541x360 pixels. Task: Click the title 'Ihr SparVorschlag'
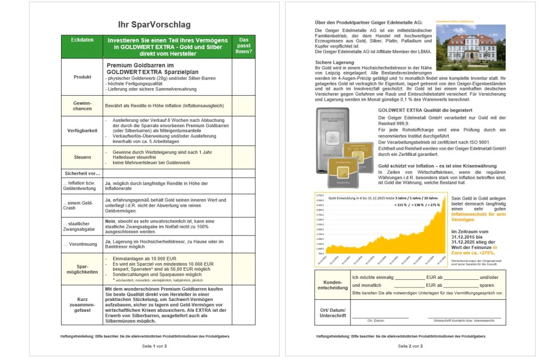(x=154, y=25)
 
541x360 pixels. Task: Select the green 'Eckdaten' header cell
(x=82, y=40)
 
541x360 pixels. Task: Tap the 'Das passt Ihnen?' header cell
(x=243, y=46)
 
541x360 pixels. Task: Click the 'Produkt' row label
(x=82, y=77)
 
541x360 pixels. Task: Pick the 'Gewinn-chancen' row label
(x=82, y=106)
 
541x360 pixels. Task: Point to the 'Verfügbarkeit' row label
(x=82, y=130)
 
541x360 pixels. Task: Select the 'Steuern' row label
(x=82, y=157)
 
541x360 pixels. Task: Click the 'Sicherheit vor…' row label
(x=82, y=174)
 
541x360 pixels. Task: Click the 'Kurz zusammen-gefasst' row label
(x=82, y=305)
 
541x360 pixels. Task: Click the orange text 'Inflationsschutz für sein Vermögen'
(x=478, y=217)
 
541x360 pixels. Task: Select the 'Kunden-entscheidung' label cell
(x=332, y=285)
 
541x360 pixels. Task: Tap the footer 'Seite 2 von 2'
(x=410, y=345)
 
